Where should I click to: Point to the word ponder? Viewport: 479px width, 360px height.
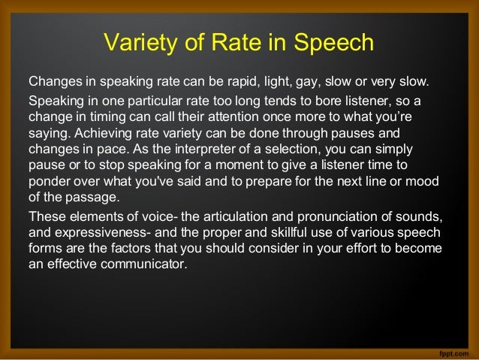48,183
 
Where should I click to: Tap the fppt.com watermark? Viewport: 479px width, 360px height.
451,351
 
